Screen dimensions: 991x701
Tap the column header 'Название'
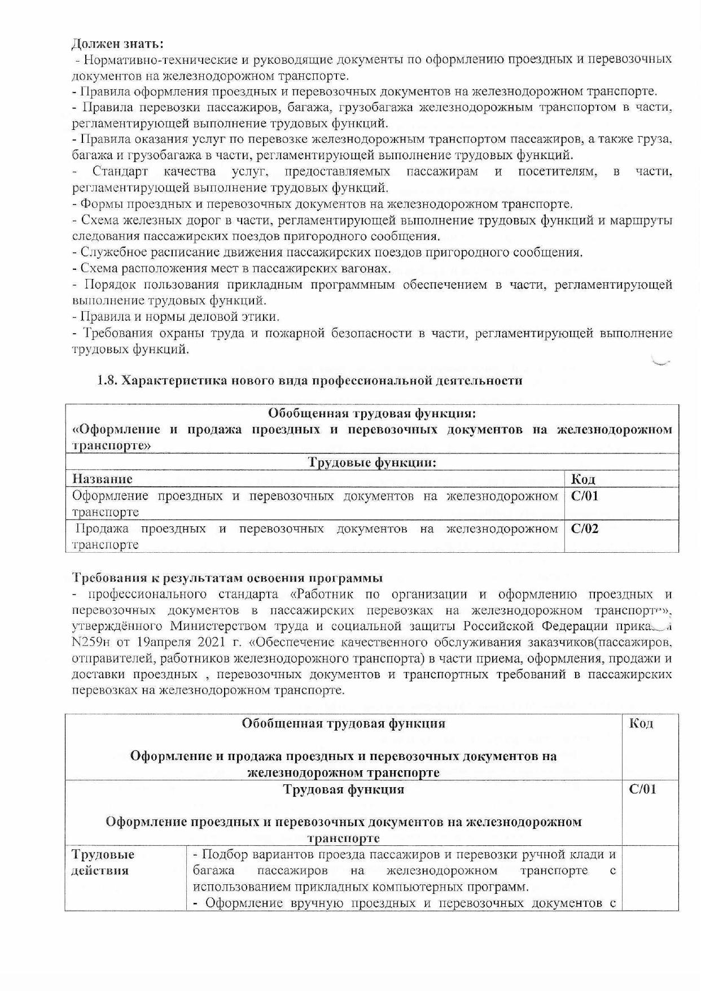102,479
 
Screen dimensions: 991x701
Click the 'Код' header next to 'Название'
583,480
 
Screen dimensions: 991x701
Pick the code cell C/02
585,529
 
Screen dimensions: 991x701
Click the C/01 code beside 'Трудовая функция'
642,789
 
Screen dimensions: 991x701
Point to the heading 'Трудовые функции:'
372,462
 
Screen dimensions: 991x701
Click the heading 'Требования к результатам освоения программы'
227,578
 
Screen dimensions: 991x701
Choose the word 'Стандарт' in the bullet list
120,171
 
